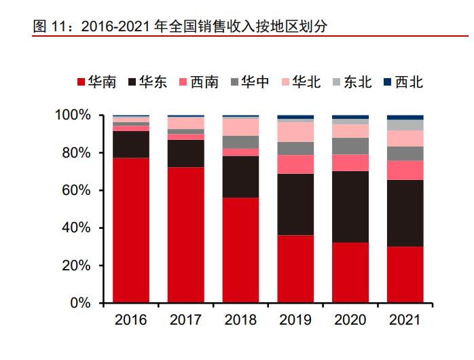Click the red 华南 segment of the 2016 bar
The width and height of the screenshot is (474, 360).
click(130, 230)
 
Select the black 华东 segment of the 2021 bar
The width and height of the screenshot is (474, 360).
click(405, 213)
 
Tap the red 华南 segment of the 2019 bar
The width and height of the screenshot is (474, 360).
click(295, 268)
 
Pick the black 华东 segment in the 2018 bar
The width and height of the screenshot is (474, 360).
click(240, 177)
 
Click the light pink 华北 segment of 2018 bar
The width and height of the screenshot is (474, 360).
click(240, 127)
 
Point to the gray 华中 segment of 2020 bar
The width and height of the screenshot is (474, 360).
click(350, 146)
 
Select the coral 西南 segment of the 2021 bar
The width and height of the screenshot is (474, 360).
click(405, 170)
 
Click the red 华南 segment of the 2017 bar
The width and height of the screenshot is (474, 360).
click(185, 234)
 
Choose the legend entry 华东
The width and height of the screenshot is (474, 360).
click(145, 82)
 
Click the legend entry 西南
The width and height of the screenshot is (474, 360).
click(197, 82)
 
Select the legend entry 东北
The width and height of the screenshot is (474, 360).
click(350, 82)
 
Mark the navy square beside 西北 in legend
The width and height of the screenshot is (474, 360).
click(387, 82)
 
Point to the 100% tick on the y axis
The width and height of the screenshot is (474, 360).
click(90, 115)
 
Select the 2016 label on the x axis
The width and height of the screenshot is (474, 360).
click(130, 320)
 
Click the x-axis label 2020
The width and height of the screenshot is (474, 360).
click(350, 320)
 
